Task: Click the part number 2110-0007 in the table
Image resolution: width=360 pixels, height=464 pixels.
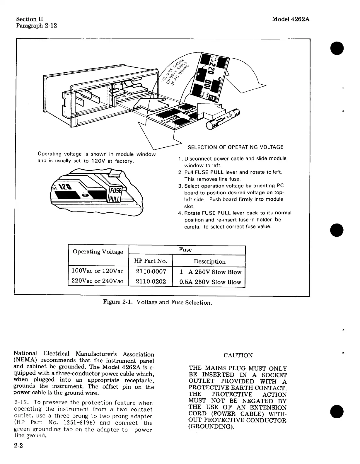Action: pyautogui.click(x=151, y=272)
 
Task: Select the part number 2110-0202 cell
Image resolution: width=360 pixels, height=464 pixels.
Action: pyautogui.click(x=151, y=282)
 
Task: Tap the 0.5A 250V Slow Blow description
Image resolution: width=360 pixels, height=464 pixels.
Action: pyautogui.click(x=210, y=282)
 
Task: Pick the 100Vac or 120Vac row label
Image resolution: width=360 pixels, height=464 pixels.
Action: pyautogui.click(x=98, y=271)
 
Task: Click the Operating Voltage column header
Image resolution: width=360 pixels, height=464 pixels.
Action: pyautogui.click(x=98, y=252)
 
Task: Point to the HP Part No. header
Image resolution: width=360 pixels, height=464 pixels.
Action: pyautogui.click(x=151, y=261)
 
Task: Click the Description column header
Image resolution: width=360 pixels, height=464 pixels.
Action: pyautogui.click(x=209, y=261)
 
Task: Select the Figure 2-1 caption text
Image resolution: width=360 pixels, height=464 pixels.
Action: pyautogui.click(x=158, y=302)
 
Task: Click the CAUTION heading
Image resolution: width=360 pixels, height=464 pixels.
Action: pyautogui.click(x=238, y=355)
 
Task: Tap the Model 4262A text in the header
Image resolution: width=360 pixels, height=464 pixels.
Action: pyautogui.click(x=291, y=19)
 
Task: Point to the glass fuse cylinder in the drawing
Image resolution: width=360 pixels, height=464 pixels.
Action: pyautogui.click(x=223, y=119)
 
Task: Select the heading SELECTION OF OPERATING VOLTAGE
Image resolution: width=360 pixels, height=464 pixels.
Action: pyautogui.click(x=235, y=147)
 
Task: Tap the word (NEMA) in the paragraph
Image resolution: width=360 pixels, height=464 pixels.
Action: pyautogui.click(x=25, y=360)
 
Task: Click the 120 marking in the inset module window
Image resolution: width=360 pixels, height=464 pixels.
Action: pyautogui.click(x=64, y=186)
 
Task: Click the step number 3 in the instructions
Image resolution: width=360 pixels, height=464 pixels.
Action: pyautogui.click(x=180, y=186)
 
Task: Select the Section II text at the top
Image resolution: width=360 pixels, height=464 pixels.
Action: pyautogui.click(x=30, y=19)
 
